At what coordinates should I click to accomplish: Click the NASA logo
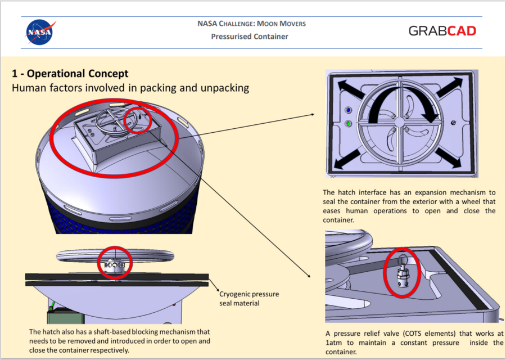40,31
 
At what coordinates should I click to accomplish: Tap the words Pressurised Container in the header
250,37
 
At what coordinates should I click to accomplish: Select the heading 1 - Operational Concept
70,74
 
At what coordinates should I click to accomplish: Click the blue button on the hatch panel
349,111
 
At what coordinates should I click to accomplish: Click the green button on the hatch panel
349,124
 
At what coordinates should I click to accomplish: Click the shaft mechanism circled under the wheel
115,263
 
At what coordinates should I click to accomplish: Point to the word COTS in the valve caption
414,334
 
